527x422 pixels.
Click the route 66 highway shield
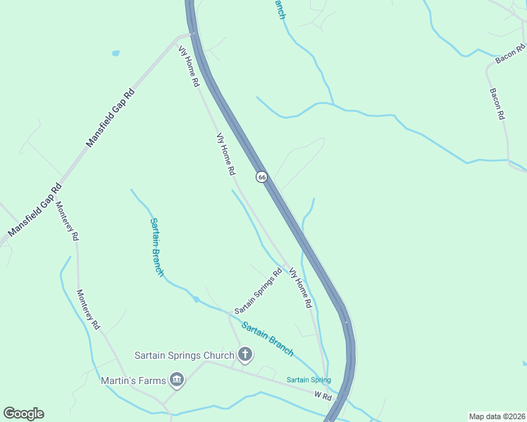click(261, 177)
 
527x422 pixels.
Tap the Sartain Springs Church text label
click(184, 355)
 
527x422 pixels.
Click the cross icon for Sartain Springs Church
click(245, 354)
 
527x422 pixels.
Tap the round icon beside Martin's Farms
click(177, 381)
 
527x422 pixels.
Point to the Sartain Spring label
click(309, 381)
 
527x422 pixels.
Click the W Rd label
click(324, 397)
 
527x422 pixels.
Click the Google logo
click(23, 414)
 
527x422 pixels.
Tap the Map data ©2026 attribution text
click(497, 416)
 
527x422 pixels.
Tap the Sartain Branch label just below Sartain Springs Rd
click(267, 339)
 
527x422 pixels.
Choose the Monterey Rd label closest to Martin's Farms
click(89, 310)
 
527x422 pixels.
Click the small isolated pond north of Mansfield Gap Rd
click(115, 53)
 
